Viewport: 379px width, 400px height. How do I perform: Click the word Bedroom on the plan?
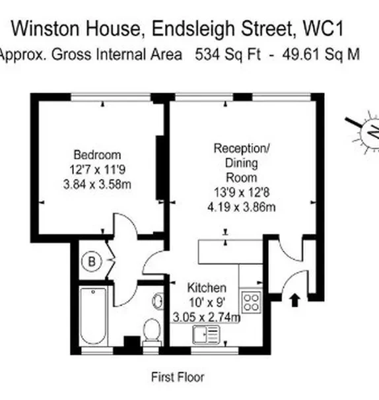[x=97, y=156]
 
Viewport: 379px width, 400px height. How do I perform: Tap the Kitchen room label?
[x=207, y=288]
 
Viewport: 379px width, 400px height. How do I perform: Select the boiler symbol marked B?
[x=92, y=262]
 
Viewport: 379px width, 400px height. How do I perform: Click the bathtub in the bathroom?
[x=99, y=316]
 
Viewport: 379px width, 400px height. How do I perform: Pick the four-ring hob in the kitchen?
[x=251, y=302]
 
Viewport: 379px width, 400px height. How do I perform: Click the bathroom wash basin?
[x=158, y=301]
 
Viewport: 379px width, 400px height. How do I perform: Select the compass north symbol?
[x=364, y=135]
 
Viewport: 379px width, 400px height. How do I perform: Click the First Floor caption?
[x=178, y=378]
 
